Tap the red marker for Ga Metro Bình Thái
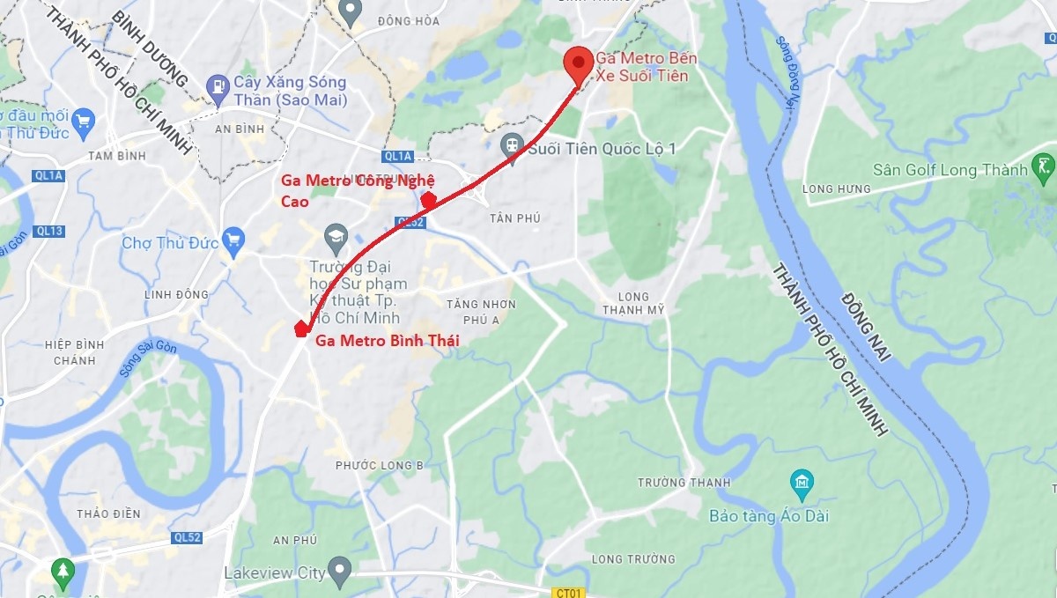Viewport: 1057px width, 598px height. tap(300, 329)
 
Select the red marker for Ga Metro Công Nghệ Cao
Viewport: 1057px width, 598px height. tap(429, 201)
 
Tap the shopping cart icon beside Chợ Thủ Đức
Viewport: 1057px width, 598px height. tap(233, 240)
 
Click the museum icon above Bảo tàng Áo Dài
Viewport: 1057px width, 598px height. tap(802, 483)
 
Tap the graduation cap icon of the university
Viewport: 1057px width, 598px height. tap(336, 236)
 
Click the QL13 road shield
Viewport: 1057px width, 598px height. tap(51, 231)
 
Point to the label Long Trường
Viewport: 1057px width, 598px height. tap(633, 558)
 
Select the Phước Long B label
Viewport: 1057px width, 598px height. tap(380, 464)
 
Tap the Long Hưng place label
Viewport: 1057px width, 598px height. tap(836, 188)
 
